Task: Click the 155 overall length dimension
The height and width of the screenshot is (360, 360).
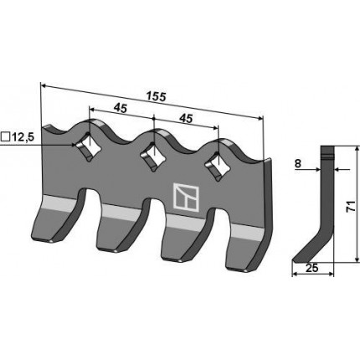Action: tap(157, 97)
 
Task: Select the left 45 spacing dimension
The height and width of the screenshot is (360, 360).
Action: tap(121, 108)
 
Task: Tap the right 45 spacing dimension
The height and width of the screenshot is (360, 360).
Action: tap(186, 119)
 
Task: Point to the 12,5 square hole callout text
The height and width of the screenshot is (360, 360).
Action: tap(23, 137)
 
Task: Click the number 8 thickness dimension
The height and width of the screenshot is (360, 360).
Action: tap(298, 163)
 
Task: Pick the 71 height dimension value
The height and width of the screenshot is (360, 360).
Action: tap(352, 206)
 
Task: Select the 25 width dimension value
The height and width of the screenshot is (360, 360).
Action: tap(312, 268)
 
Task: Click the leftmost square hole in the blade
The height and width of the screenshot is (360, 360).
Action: tap(88, 147)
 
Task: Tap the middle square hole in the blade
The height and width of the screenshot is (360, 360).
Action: tap(153, 157)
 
